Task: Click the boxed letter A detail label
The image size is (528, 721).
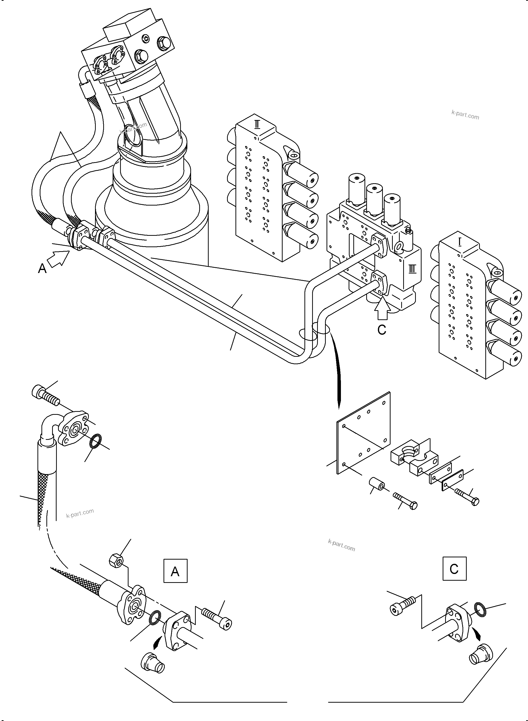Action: (175, 571)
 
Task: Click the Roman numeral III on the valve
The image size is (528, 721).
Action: (412, 269)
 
